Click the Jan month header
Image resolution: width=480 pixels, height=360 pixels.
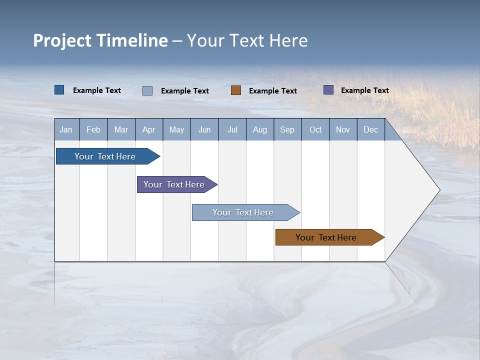click(66, 129)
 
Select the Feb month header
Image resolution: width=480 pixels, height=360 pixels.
click(93, 129)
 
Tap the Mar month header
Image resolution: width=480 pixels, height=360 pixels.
click(121, 129)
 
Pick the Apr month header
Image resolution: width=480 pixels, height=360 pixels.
click(149, 129)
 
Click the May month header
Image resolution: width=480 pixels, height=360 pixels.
click(176, 129)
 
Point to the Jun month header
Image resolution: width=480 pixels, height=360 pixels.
click(204, 129)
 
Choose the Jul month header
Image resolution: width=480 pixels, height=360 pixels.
click(232, 129)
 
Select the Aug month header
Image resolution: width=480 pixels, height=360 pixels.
click(260, 129)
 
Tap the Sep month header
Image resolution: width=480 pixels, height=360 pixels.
click(287, 129)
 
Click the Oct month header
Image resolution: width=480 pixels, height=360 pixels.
click(315, 129)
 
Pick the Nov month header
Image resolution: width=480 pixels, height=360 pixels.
click(343, 129)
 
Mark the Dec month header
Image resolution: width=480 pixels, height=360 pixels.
click(371, 129)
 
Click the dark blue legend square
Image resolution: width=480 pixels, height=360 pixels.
click(59, 90)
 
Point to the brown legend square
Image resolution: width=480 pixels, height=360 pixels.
click(236, 90)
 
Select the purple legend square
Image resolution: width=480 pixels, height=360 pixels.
click(328, 90)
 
